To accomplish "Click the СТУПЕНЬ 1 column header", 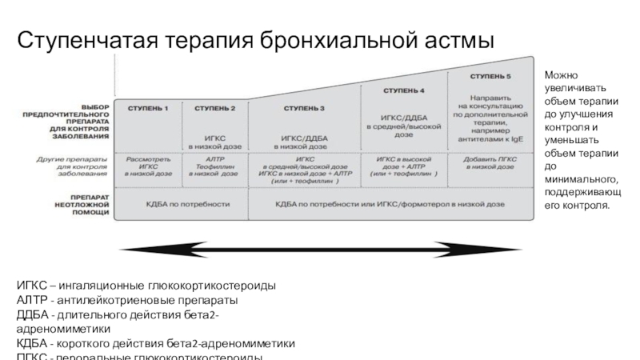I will coord(150,108).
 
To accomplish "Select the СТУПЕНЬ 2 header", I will coord(214,108).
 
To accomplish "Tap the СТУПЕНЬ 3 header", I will coord(305,108).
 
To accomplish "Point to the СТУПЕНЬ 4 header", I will coord(404,90).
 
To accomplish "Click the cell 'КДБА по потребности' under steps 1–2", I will coord(182,205).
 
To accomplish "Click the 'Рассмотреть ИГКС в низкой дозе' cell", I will coord(150,166).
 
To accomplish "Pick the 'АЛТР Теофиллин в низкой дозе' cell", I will coord(214,166).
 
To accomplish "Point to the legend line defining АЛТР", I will coord(128,300).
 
